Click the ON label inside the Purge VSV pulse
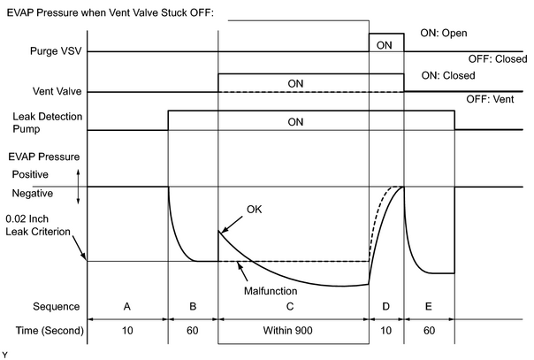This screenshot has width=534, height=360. (384, 45)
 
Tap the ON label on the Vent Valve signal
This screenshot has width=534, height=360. (295, 84)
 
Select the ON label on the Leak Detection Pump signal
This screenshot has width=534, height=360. (295, 122)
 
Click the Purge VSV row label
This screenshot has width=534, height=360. (56, 51)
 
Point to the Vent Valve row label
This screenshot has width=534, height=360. (57, 91)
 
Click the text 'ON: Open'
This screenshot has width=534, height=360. (444, 33)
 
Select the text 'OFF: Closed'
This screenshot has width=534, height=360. (498, 59)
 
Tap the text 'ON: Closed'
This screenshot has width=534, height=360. (448, 75)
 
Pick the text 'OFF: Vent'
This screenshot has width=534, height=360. (490, 99)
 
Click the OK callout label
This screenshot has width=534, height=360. (254, 209)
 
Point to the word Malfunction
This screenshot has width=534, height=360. (271, 291)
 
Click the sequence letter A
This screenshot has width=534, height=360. (126, 307)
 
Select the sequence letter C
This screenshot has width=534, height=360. (290, 307)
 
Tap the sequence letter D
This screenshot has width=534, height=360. (385, 307)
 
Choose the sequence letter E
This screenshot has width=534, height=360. (429, 307)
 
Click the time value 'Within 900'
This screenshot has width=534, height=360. (287, 331)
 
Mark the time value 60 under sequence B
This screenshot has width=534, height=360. (193, 331)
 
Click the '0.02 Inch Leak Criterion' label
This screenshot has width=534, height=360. (38, 226)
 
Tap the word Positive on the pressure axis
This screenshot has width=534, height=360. (30, 174)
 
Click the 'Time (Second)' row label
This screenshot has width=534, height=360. (50, 331)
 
